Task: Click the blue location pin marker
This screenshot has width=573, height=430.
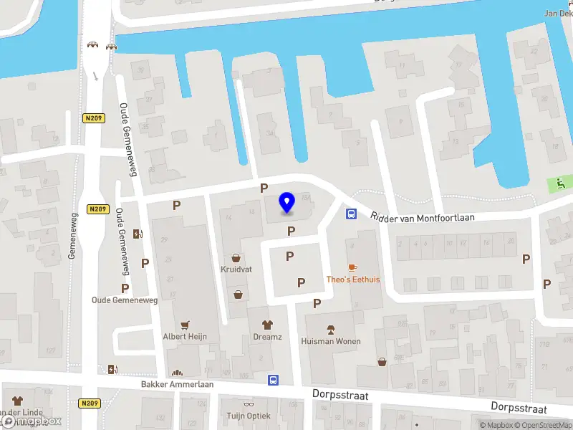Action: [x=287, y=203]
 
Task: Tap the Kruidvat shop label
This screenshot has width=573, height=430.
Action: [x=236, y=270]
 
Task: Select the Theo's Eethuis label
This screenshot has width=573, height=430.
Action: [x=353, y=279]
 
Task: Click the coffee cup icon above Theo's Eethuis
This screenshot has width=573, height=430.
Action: [x=352, y=267]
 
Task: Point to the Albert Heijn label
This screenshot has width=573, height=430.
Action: [x=185, y=336]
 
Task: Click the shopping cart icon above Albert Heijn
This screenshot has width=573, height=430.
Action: [x=185, y=324]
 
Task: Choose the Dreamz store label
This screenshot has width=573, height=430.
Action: [x=267, y=336]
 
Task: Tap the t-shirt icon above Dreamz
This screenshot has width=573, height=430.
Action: [x=267, y=324]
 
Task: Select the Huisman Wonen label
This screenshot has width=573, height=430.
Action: [x=331, y=342]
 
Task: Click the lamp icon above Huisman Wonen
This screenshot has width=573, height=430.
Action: [x=331, y=330]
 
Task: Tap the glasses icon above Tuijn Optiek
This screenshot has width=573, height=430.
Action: [x=249, y=404]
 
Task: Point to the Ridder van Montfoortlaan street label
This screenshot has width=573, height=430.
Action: [x=422, y=216]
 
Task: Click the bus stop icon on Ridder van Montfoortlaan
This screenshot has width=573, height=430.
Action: [x=352, y=214]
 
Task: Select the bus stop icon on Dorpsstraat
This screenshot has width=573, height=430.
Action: [x=273, y=380]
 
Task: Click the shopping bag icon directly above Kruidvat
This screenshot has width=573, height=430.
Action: [x=236, y=258]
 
